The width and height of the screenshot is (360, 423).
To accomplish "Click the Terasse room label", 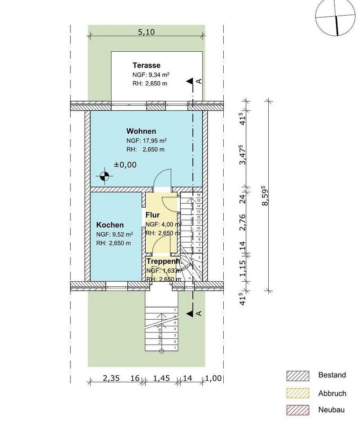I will pos(146,65).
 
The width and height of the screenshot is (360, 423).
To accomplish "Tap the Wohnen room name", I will pos(141,131).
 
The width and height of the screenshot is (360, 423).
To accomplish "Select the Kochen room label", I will pos(110,225).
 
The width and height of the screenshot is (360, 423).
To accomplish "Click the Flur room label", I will pos(152,215).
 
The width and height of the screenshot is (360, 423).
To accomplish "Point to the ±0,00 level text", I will pos(125,165).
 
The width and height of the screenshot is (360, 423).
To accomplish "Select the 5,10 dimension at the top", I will pos(146,32).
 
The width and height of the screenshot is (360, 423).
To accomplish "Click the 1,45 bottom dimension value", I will pos(161,378).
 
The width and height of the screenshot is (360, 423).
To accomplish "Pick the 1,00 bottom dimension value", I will pos(214,378).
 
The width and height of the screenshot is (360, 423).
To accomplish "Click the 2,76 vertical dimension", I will pos(242,222).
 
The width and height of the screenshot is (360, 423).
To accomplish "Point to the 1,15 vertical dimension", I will pos(242,269).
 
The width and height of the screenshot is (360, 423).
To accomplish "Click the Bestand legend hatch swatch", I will pos(298,376).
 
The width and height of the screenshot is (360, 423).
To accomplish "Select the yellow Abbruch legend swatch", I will pos(298,393).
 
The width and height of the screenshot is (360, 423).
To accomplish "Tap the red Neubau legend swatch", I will pos(298,410).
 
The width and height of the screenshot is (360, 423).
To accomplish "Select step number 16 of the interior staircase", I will pos(199,195).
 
